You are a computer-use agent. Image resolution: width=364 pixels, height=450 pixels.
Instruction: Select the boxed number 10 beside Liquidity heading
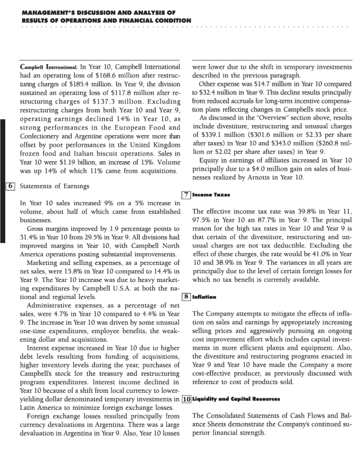coord(186,399)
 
